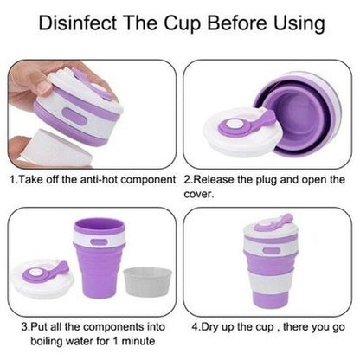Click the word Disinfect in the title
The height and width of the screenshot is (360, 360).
[x=78, y=22]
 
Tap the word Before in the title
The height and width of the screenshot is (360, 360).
[x=238, y=22]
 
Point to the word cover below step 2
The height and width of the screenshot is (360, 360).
[x=198, y=194]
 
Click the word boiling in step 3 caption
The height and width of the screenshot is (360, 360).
[x=47, y=341]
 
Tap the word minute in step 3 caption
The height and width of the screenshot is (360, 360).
[x=138, y=341]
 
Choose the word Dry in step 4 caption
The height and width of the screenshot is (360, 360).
[x=209, y=327]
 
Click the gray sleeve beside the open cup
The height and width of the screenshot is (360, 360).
[x=147, y=281]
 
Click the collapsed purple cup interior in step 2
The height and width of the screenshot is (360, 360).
[x=294, y=115]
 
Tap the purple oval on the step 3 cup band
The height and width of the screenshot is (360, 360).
[x=99, y=241]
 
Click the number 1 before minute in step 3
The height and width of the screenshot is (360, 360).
[x=115, y=341]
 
